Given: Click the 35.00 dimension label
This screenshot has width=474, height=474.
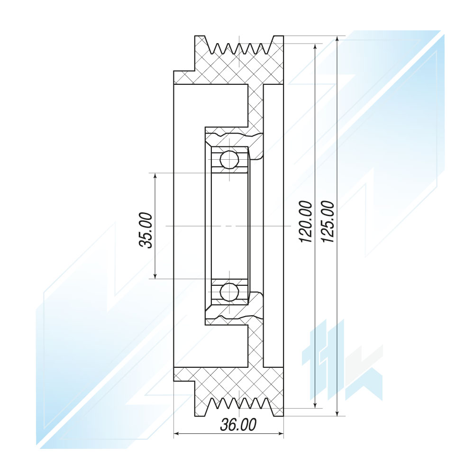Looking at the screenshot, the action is point(146,230).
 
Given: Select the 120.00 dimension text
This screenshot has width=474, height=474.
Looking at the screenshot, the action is point(305,221).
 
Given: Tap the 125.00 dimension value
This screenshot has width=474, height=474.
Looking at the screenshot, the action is point(328,221).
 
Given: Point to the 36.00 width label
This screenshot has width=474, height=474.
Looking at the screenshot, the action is point(238,424).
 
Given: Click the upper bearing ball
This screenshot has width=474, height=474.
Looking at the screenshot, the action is point(229,159).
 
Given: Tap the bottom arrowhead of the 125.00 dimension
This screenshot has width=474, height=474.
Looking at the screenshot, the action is point(337,412).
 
